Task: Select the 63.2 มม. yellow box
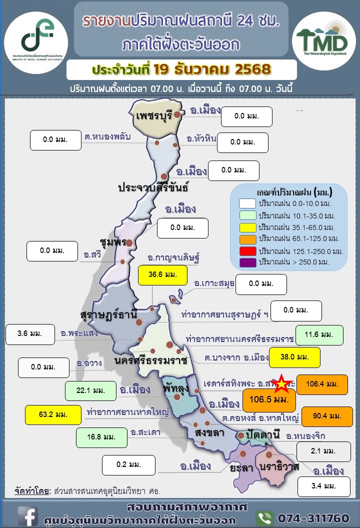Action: tap(53, 414)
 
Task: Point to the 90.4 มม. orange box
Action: tap(327, 416)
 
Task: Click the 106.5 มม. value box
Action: tap(268, 400)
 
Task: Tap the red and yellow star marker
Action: tap(283, 384)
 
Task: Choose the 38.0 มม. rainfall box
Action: tap(294, 357)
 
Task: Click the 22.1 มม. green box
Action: tap(90, 390)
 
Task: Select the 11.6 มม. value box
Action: tap(319, 334)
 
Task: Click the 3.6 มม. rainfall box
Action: tap(30, 334)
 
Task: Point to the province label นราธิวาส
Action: tap(279, 466)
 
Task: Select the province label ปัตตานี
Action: tap(262, 433)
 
